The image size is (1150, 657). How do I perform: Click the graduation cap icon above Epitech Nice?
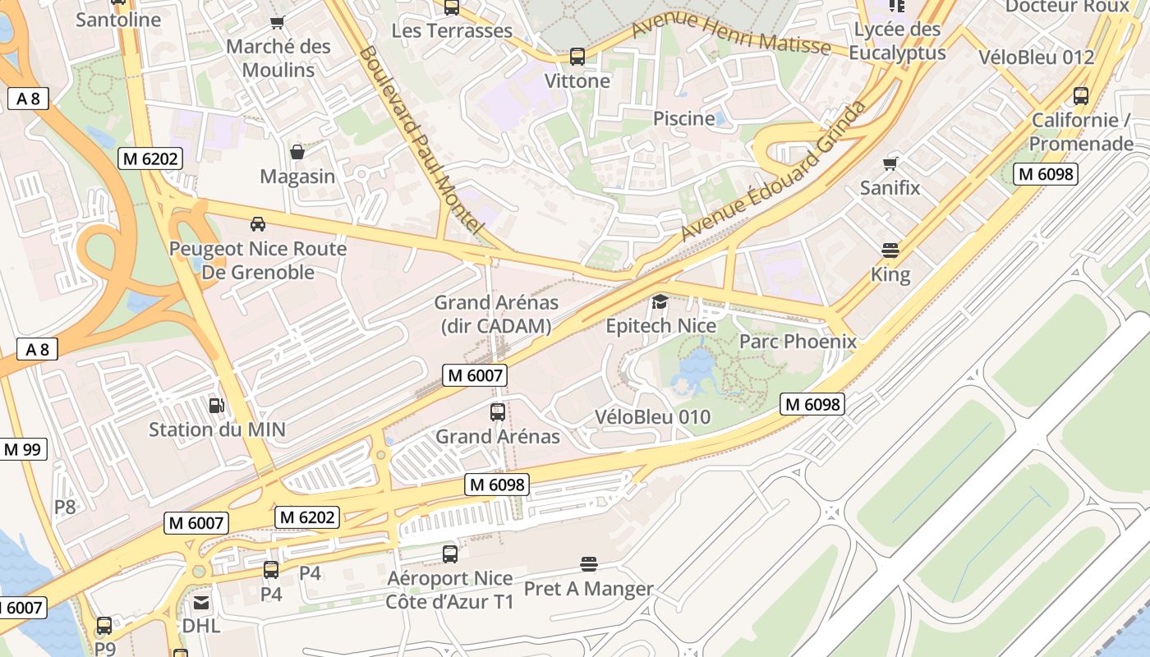click(x=660, y=302)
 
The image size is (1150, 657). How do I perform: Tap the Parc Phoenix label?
click(x=798, y=341)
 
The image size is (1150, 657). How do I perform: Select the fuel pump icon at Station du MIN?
click(x=217, y=405)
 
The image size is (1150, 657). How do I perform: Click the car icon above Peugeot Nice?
click(x=257, y=224)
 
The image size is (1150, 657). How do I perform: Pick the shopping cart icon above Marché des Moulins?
click(x=278, y=22)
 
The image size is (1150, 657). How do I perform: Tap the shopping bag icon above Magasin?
click(x=297, y=152)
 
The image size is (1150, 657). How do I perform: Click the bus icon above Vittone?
click(x=577, y=57)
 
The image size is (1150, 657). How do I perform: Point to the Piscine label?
click(x=683, y=118)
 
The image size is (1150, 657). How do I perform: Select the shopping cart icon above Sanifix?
click(x=890, y=163)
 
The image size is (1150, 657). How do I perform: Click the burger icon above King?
click(x=890, y=250)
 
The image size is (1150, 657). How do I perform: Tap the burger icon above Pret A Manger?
click(x=588, y=564)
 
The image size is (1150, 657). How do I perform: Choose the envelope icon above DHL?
click(x=201, y=603)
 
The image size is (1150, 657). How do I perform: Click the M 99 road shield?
click(x=23, y=449)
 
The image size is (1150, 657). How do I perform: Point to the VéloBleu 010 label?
click(x=652, y=417)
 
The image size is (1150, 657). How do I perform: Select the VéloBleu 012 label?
click(x=1037, y=57)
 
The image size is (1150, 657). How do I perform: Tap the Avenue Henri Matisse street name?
click(x=731, y=33)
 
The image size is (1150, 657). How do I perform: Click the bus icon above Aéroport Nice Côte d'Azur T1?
click(x=450, y=554)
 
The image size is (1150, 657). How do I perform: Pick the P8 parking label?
click(x=65, y=507)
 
